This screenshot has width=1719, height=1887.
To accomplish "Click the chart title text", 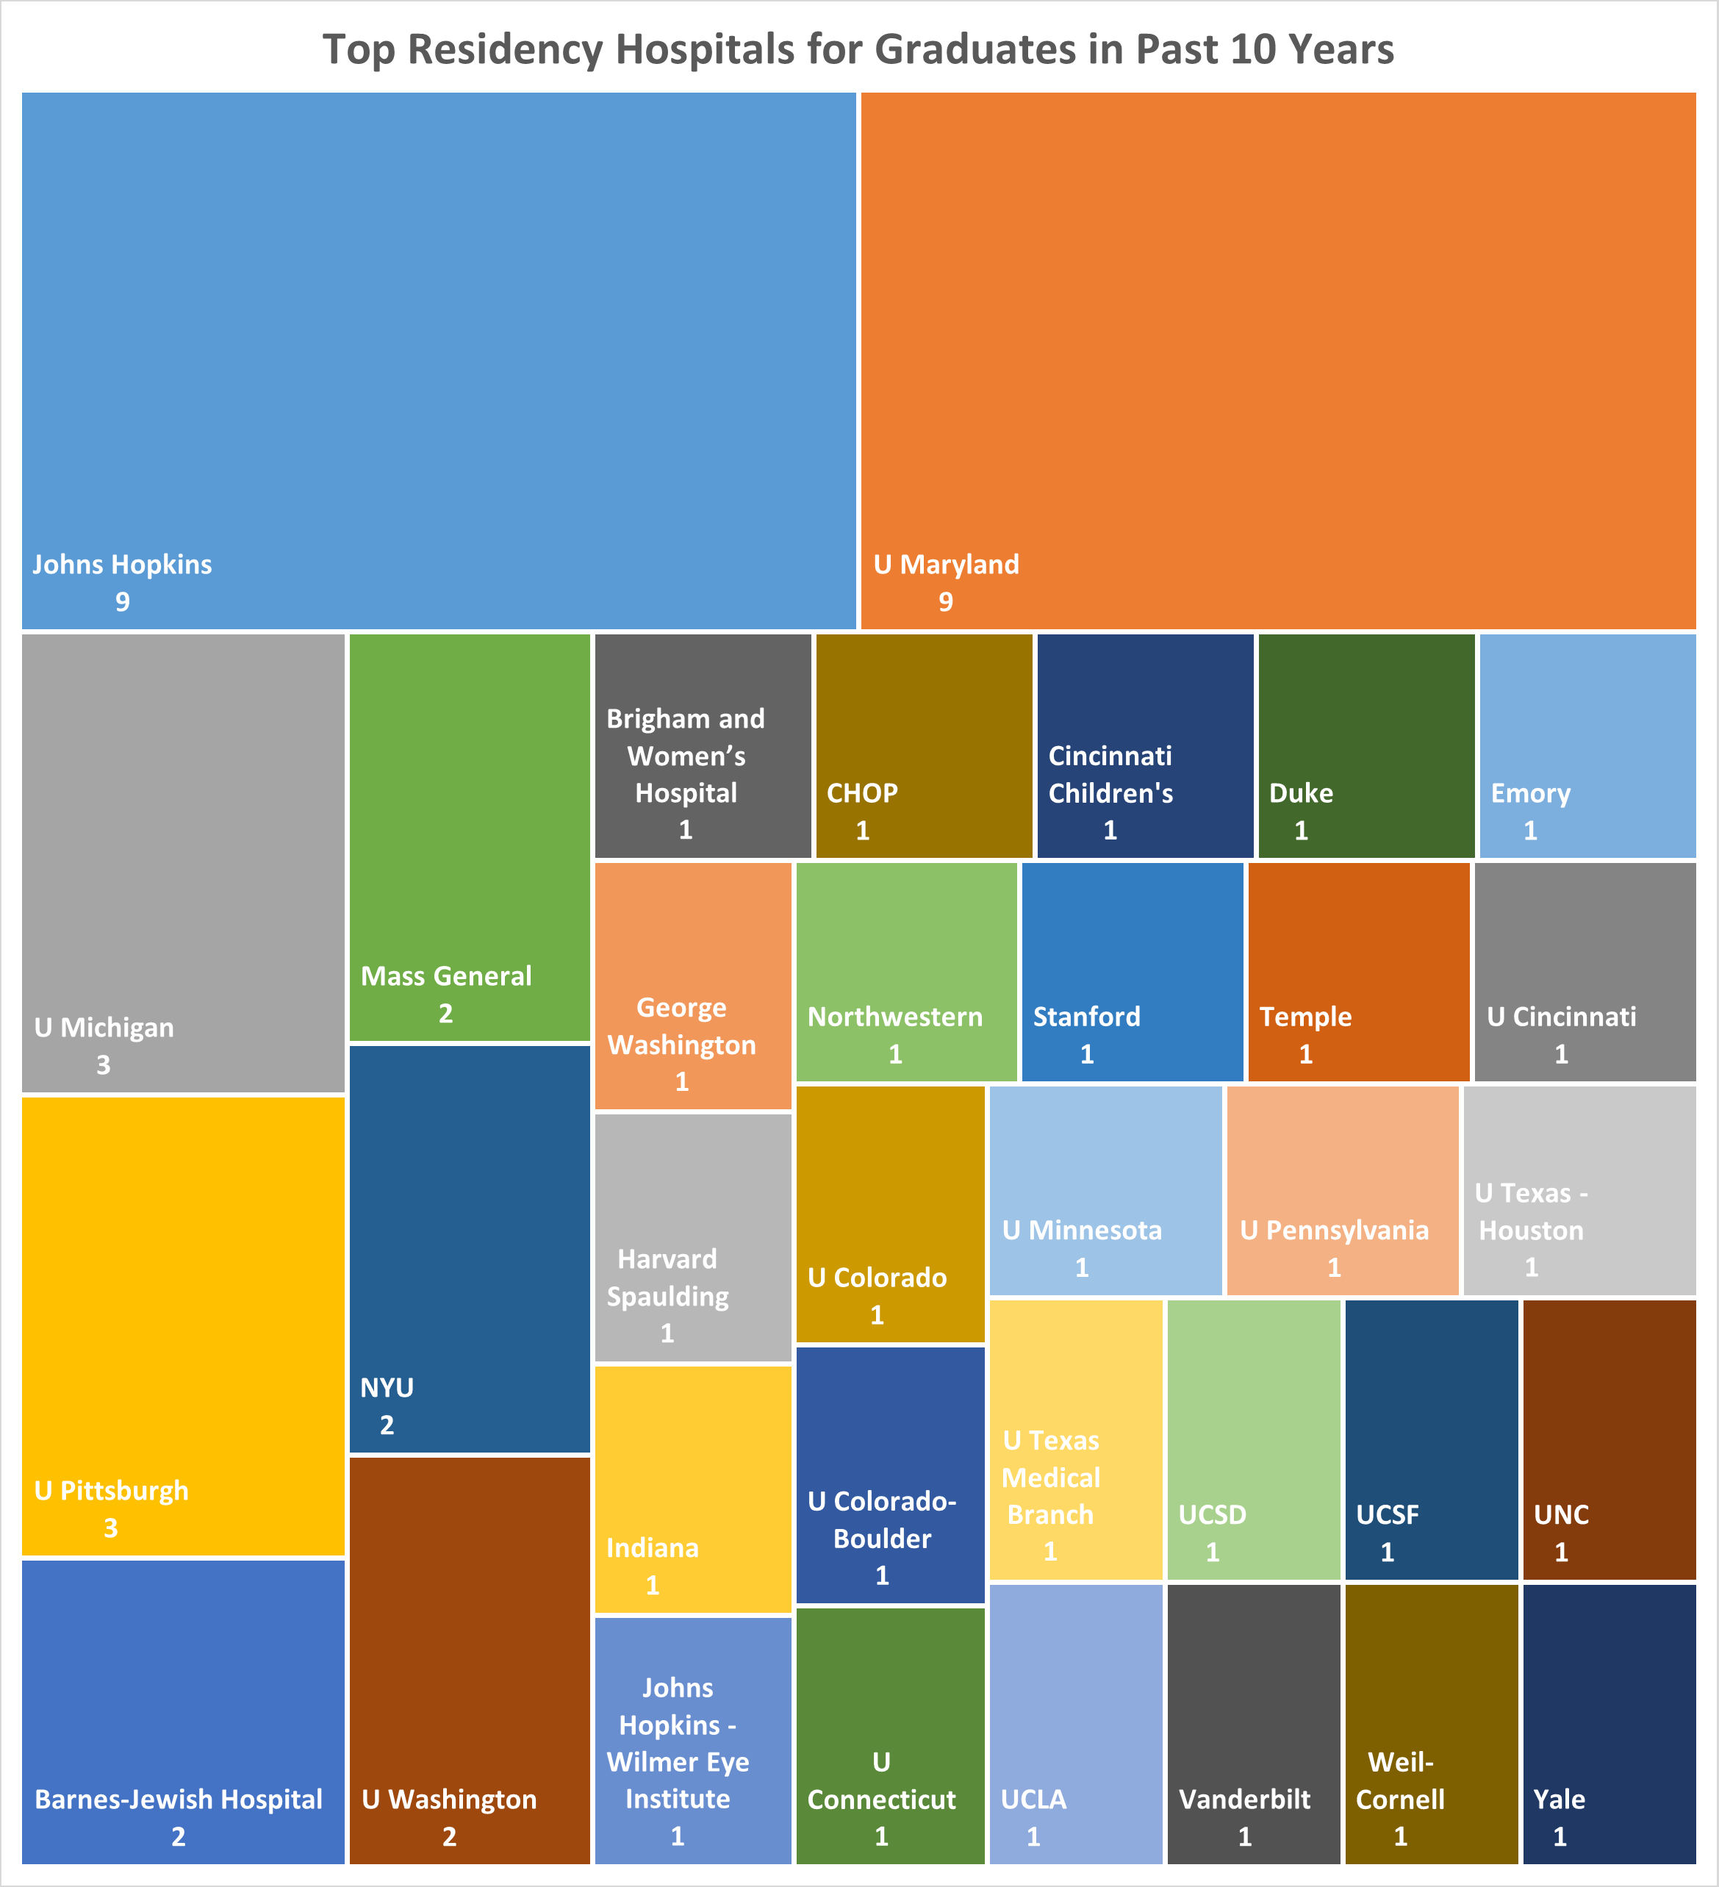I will [858, 49].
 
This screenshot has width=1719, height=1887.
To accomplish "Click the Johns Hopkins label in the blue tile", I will [122, 565].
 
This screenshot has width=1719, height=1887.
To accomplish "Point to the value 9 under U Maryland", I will [945, 602].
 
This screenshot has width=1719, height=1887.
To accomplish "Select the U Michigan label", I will [104, 1028].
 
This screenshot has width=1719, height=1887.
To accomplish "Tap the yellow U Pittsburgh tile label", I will [112, 1490].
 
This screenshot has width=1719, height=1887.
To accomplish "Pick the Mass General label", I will [445, 976].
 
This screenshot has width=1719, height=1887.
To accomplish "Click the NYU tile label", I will [387, 1387].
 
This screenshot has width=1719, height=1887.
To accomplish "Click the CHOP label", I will [862, 792].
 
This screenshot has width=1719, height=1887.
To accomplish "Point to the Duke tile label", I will [1301, 792].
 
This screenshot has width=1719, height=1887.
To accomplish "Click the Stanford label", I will [1086, 1017].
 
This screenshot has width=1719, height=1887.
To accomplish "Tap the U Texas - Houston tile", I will [1579, 1191].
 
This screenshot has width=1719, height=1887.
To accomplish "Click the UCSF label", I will [1387, 1514].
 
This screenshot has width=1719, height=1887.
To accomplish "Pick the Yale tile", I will [1609, 1722].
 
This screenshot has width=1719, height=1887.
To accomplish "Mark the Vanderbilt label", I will [1244, 1799].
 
